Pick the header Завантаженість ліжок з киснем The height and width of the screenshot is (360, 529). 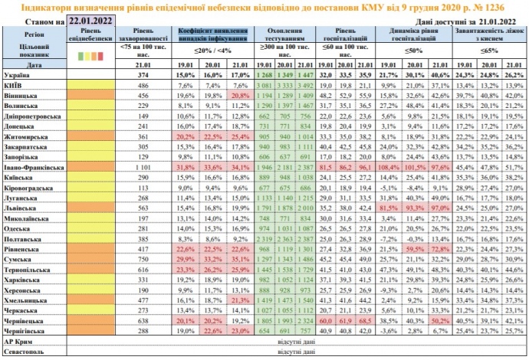pos(491,35)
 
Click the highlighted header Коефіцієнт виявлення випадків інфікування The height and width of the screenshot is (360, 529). pos(212,35)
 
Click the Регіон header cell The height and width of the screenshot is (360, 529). pos(34,35)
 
